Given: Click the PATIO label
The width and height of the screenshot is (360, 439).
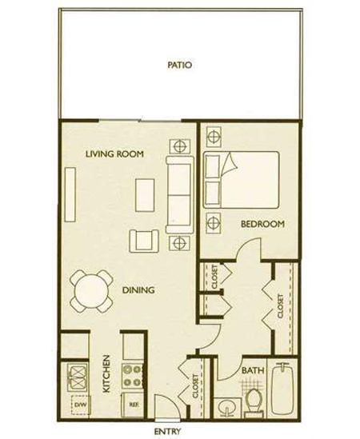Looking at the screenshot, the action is [179, 65].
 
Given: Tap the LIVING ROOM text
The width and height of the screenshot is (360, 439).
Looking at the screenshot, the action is [114, 154].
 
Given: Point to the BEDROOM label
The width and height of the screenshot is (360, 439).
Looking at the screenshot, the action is [262, 224].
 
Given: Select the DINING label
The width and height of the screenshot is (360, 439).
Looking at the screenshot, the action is [138, 290].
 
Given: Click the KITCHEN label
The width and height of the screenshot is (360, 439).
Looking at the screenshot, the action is [106, 373].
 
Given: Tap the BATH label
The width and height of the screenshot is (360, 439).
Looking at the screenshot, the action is [253, 370].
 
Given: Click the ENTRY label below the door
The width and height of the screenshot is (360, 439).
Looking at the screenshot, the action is [167, 431].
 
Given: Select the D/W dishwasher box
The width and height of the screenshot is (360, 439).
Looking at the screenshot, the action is [81, 405].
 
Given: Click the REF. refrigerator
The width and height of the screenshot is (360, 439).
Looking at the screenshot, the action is [133, 405].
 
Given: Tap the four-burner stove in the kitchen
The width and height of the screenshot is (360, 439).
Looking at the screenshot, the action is [133, 376].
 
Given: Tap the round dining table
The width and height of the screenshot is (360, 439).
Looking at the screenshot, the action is [91, 291].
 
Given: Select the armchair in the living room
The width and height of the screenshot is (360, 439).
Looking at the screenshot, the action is [144, 241].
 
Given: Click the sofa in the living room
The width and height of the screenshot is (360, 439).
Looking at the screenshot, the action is [180, 195].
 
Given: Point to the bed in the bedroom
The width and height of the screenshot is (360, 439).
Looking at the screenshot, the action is [242, 180].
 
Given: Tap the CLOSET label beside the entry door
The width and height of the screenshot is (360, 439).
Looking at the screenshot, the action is [196, 385].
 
